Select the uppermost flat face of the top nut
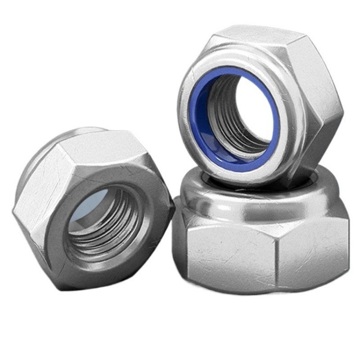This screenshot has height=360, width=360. (x=252, y=36)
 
